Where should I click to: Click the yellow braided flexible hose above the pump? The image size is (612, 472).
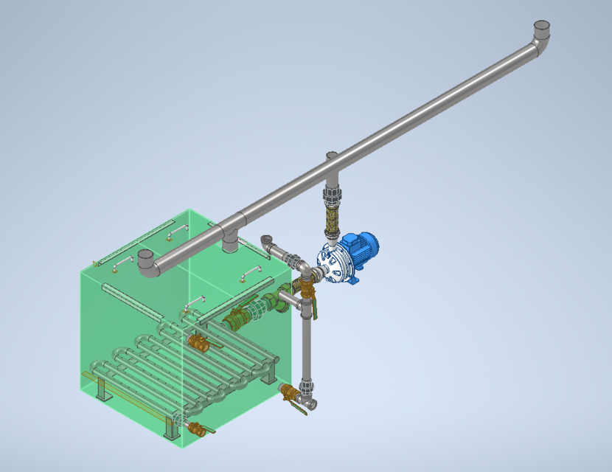332,218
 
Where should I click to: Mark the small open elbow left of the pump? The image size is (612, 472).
268,241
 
